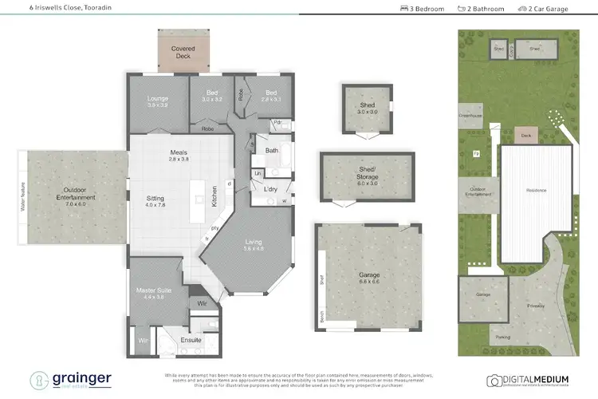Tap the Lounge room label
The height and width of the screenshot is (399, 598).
157,100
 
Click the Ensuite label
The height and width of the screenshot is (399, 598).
191,340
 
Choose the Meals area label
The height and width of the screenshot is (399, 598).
178,153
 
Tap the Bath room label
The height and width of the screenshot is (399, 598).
272,150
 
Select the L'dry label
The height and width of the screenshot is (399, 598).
270,188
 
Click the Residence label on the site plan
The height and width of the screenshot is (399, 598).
537,191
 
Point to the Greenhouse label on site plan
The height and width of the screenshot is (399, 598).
471,116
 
